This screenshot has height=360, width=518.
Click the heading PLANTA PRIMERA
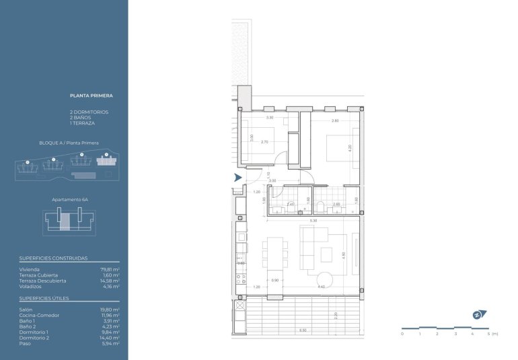point(91,96)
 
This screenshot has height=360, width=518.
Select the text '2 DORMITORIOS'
point(89,112)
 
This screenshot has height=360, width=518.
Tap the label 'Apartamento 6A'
point(70,200)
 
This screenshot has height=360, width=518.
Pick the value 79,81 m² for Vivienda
point(110,269)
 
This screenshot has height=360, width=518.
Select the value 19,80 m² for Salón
point(110,310)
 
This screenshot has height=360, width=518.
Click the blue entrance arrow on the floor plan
point(237,178)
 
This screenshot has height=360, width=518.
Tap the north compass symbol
point(477,314)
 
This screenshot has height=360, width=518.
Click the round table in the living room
point(324,278)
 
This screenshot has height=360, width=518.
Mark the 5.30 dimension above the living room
point(313,221)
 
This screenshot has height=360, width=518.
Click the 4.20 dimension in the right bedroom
point(350,148)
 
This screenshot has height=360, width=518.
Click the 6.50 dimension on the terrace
point(303,330)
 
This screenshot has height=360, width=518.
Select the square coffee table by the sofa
point(326,254)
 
